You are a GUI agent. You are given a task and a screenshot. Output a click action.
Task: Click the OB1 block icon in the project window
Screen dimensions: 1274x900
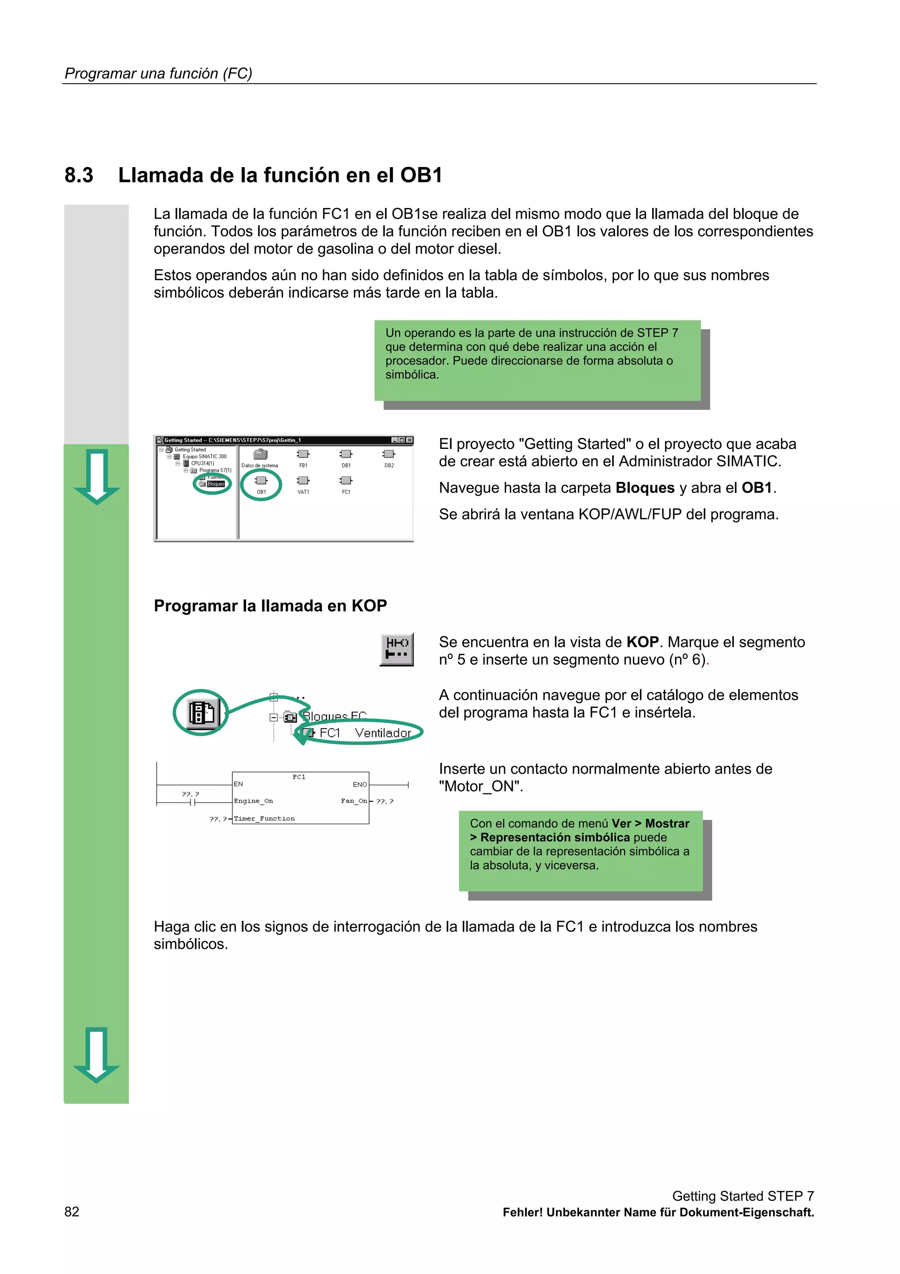261,481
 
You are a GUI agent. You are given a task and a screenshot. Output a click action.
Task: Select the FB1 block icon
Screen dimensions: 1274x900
303,454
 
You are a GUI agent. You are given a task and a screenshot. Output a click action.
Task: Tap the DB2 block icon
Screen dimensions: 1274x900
389,454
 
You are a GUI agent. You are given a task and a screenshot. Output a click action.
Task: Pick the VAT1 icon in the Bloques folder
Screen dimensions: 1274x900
303,481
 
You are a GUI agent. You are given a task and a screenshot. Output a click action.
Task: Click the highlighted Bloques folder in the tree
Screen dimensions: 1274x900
215,484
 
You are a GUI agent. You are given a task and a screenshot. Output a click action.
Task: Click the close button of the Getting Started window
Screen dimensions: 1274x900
410,440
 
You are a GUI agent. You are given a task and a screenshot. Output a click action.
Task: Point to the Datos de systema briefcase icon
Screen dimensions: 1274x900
260,454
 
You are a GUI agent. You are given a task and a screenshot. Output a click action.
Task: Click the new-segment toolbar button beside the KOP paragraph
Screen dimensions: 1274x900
397,649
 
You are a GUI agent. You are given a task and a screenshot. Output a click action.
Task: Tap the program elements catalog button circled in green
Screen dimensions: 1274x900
201,712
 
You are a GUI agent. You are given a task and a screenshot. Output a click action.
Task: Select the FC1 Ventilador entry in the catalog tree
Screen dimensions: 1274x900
364,733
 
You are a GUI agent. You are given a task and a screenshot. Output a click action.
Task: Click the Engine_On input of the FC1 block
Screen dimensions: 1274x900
254,801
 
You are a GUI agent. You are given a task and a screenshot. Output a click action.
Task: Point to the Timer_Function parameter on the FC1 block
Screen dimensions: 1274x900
265,818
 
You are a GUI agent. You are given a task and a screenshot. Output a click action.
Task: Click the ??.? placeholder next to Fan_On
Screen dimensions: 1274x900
385,802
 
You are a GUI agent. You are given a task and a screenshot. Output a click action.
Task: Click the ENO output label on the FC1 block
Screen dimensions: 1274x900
360,785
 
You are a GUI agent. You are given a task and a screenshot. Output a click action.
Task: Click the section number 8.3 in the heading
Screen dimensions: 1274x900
79,175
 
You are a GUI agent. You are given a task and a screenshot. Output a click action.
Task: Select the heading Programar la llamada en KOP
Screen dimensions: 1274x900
270,606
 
